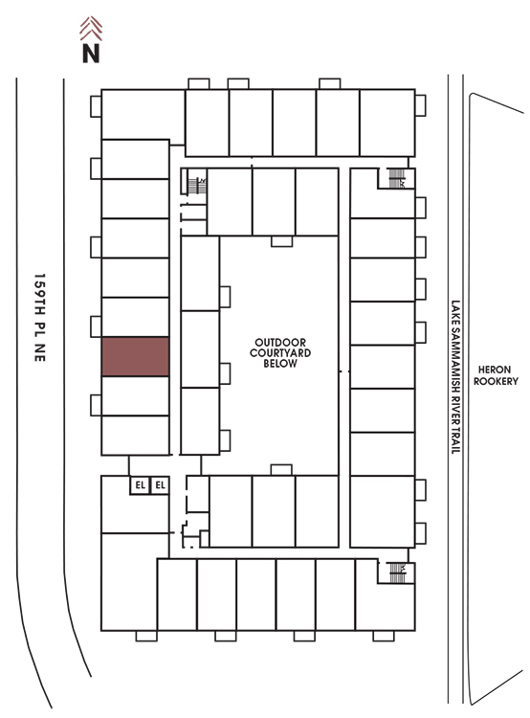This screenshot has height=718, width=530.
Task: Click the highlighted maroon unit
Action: click(x=136, y=356)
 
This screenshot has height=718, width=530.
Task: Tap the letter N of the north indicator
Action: click(x=91, y=53)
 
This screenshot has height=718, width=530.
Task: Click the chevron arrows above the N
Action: click(x=91, y=29)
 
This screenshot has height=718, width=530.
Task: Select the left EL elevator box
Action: click(x=140, y=485)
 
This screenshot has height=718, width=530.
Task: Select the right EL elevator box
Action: click(x=160, y=485)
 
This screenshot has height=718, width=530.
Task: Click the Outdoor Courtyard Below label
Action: click(x=280, y=352)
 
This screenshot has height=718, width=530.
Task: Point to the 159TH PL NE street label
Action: click(x=40, y=317)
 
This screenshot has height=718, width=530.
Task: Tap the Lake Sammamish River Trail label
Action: click(x=455, y=377)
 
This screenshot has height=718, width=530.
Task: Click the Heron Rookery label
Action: click(x=496, y=375)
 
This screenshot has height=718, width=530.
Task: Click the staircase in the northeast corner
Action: click(x=396, y=178)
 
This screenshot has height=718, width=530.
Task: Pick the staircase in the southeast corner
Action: click(x=397, y=572)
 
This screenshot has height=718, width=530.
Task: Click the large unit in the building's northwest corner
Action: click(x=143, y=115)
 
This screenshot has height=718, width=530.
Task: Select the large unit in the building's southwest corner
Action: click(x=129, y=581)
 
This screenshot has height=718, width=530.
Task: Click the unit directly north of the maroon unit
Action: click(x=136, y=317)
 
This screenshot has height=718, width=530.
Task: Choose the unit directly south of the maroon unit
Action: click(x=136, y=395)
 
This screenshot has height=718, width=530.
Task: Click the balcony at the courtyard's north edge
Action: click(x=281, y=241)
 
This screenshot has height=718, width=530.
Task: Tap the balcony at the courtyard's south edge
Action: click(x=281, y=470)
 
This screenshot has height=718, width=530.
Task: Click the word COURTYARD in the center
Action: click(x=280, y=352)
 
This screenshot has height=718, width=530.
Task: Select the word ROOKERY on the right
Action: click(x=496, y=381)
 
